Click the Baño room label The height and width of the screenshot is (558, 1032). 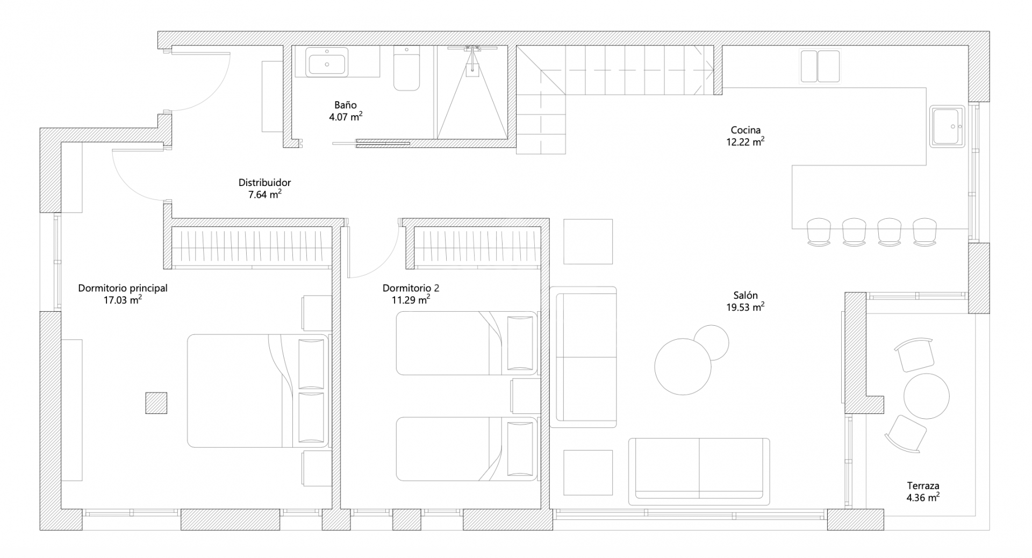pos(345,105)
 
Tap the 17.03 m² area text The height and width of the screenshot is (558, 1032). pos(123,300)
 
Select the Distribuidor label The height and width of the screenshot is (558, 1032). pos(264,183)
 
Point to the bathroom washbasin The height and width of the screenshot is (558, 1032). pos(327,62)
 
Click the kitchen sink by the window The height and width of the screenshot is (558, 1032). pos(948,126)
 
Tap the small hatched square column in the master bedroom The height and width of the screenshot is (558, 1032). pos(156,403)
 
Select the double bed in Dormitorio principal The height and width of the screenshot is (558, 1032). pos(257,391)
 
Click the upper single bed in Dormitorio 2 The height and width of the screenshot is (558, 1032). pos(466,343)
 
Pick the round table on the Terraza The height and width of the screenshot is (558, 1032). pos(926,396)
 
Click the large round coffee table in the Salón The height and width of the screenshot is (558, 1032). pos(683,366)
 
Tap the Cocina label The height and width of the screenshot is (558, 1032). pos(746,130)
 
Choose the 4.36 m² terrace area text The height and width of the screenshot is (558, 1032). pos(923,497)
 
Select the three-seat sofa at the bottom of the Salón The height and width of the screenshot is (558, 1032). pos(699,471)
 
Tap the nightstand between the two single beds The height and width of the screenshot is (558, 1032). pos(525,396)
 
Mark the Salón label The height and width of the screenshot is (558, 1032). pos(746,295)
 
